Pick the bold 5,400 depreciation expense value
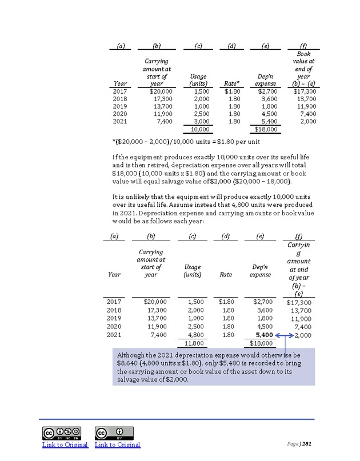coord(262,335)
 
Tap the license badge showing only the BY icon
coord(114,432)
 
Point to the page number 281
coord(307,444)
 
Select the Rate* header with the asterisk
coord(231,84)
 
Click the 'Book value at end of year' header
coord(303,69)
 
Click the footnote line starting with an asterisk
coord(189,143)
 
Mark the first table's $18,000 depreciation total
coord(265,130)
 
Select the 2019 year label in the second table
coord(114,318)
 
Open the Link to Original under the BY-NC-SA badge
coord(65,444)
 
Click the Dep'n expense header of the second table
coord(260,271)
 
